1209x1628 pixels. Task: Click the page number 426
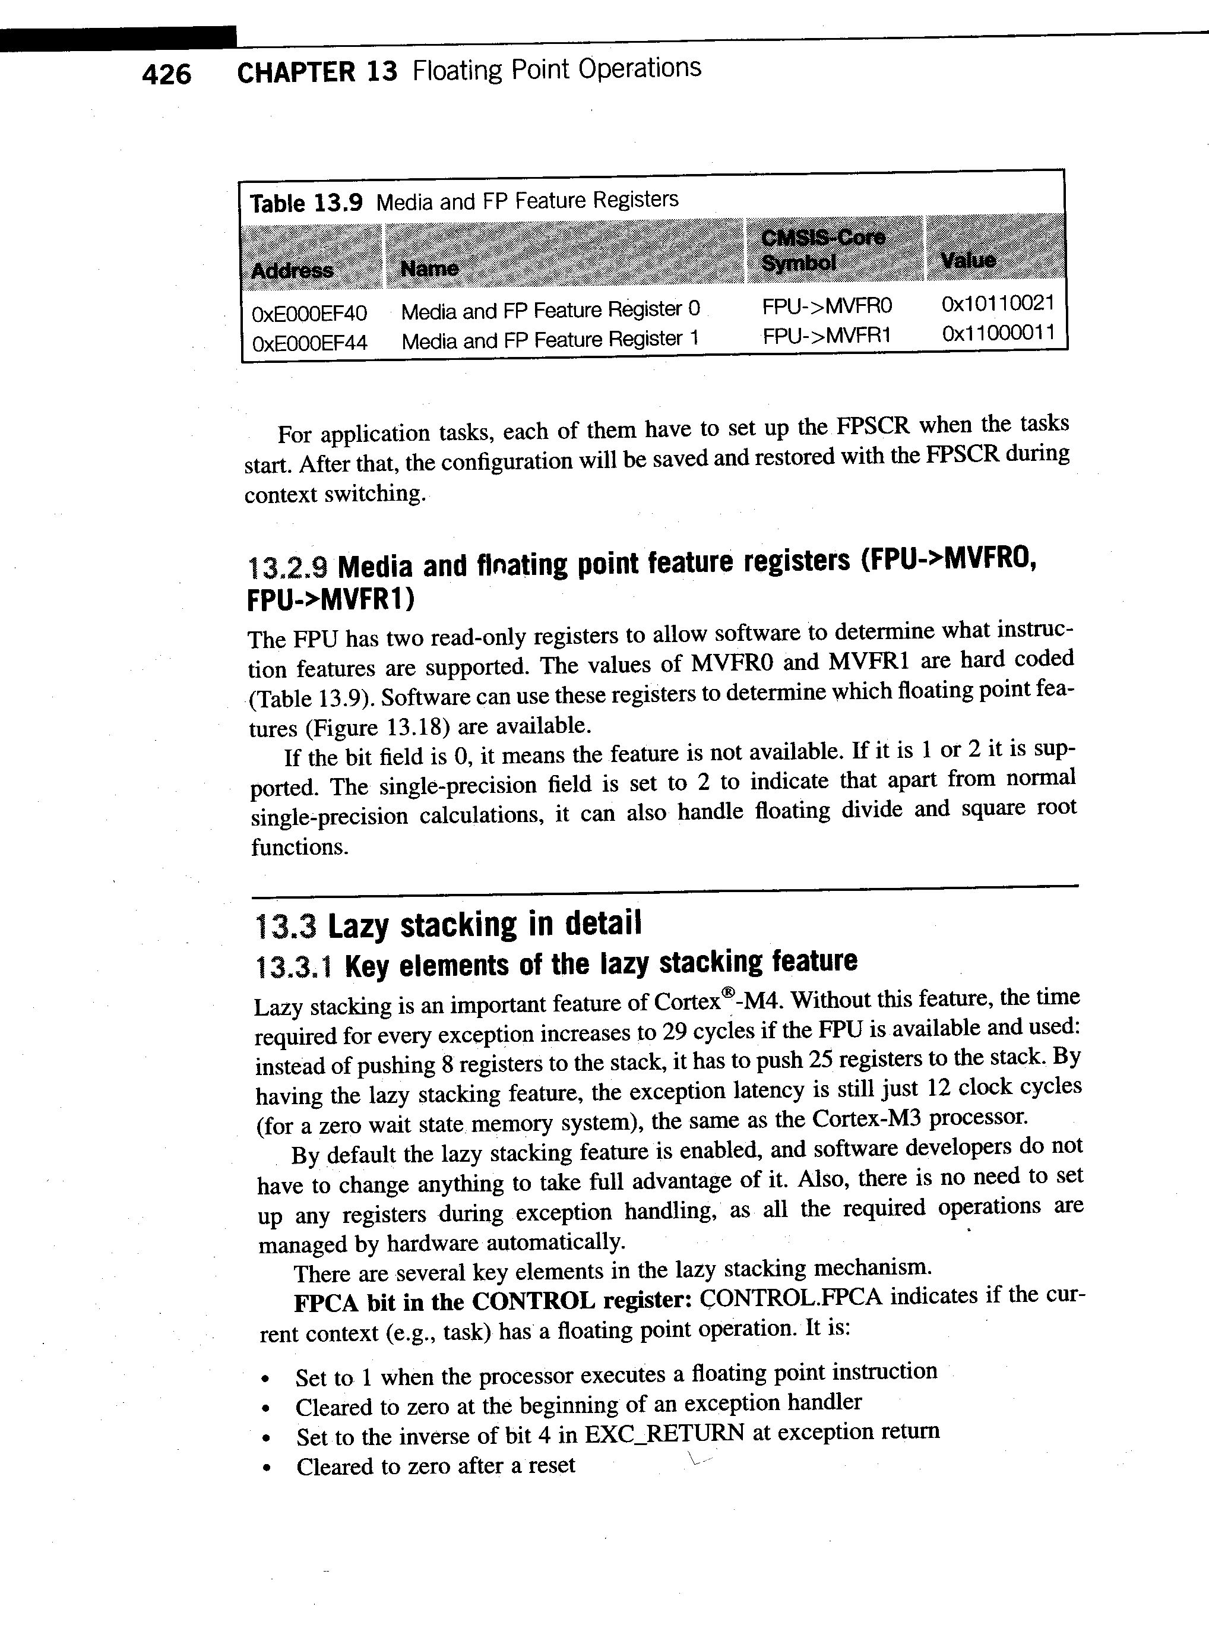(x=167, y=74)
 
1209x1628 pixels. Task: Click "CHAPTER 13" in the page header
(x=317, y=72)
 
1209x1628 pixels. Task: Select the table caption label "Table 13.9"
(x=306, y=203)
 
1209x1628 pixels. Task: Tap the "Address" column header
(x=292, y=270)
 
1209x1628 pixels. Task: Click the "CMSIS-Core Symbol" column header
(x=822, y=249)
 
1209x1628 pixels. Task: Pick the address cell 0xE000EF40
(x=309, y=313)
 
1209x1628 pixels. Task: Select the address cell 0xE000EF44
(x=309, y=343)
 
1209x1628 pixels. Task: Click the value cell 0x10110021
(x=998, y=303)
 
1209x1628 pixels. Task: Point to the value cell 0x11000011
(x=998, y=333)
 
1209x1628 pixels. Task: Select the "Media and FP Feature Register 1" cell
(x=550, y=340)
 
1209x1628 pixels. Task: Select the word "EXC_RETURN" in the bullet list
(x=664, y=1433)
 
